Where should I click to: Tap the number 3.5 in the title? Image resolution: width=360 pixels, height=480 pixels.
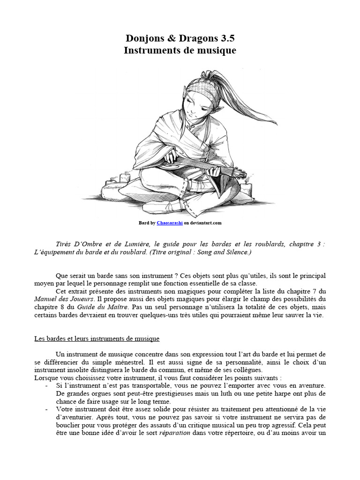pos(223,38)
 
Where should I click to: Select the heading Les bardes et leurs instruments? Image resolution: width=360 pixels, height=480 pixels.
pos(97,338)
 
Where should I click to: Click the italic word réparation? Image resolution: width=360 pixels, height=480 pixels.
pos(175,433)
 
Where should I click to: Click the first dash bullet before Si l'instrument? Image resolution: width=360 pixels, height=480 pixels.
pos(46,385)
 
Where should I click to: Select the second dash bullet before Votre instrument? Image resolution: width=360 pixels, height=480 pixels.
pos(46,409)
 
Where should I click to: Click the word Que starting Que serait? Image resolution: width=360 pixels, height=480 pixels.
pos(62,275)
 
